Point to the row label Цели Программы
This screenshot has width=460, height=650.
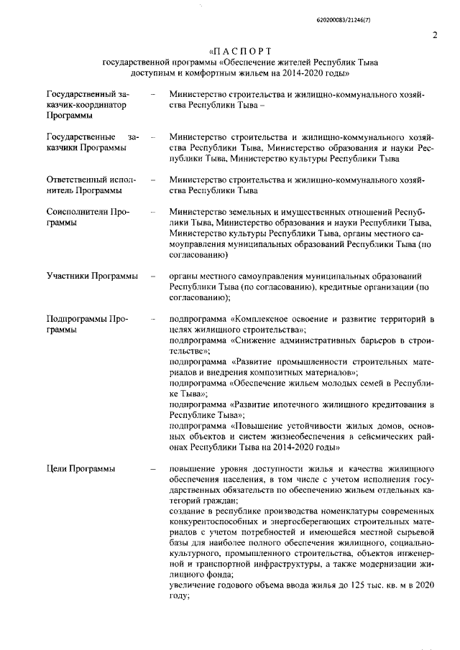tap(80, 469)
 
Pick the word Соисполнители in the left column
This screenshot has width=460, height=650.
tap(78, 213)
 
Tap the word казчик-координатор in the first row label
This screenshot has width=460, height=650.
tap(86, 105)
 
